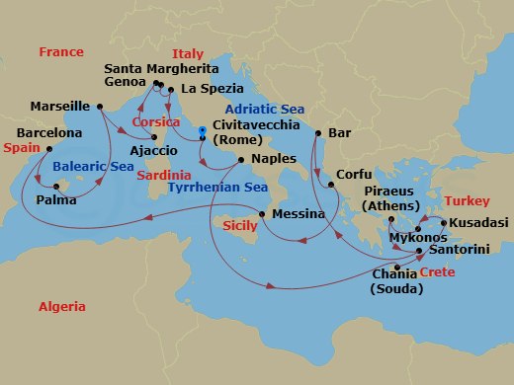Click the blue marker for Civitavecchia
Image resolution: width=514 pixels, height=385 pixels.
point(201,130)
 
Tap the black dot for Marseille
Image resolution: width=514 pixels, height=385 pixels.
point(100,106)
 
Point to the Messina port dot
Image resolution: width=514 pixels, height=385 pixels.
point(261,214)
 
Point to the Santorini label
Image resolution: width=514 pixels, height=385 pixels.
point(460,252)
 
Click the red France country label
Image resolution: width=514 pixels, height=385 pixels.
point(58,51)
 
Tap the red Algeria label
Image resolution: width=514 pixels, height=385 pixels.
point(62,307)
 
